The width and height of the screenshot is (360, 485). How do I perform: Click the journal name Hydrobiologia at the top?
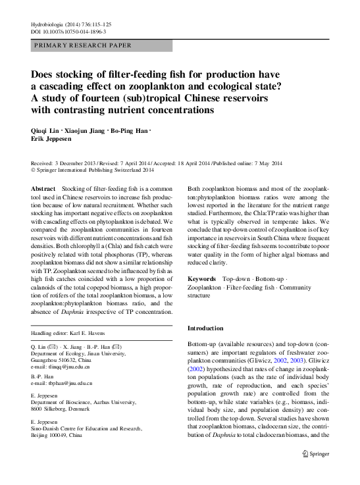pyautogui.click(x=49, y=24)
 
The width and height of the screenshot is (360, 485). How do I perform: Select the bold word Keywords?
pyautogui.click(x=203, y=280)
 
